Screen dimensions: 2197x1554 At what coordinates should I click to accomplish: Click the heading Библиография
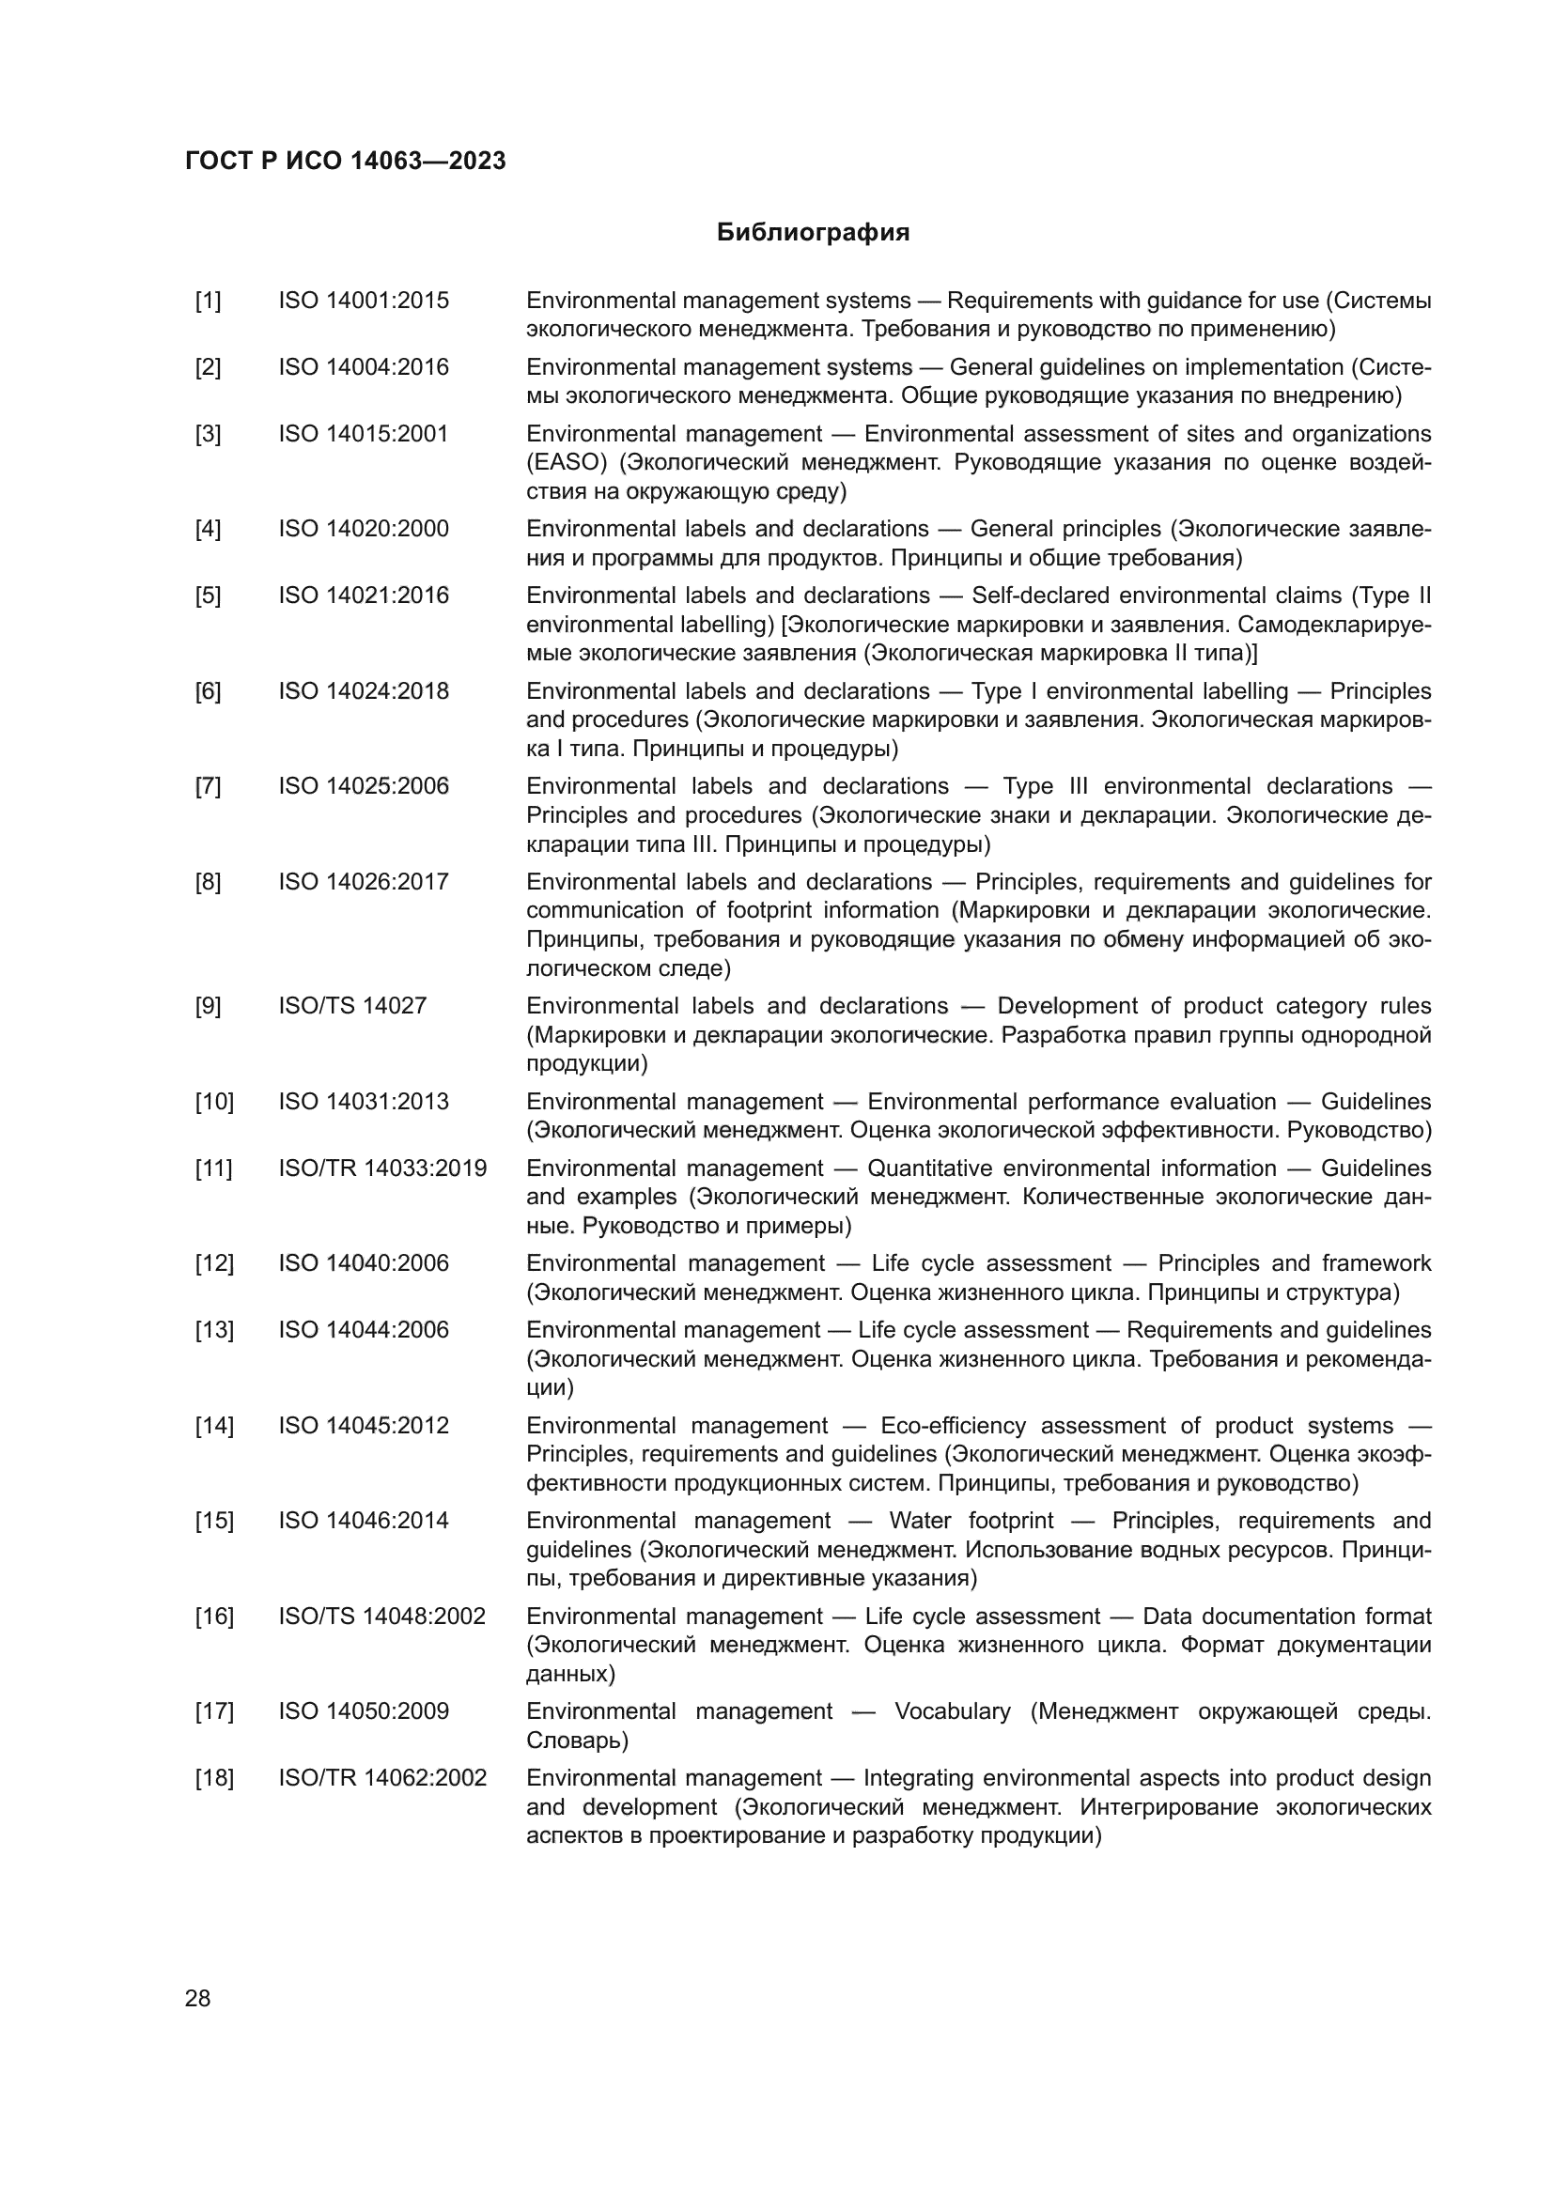tap(813, 233)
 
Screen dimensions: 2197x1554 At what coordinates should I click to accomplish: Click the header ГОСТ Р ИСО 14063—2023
tap(346, 161)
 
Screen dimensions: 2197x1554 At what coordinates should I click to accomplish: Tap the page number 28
tap(197, 1998)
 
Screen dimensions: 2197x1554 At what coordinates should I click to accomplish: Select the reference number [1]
tap(208, 301)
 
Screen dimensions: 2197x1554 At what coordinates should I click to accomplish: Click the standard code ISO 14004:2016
tap(364, 367)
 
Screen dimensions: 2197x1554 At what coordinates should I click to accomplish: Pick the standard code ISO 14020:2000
tap(364, 529)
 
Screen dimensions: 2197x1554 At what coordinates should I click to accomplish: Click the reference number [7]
tap(208, 786)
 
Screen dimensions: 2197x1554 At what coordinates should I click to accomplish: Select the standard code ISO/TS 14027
tap(352, 1006)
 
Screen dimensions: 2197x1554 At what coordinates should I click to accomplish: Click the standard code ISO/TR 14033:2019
tap(382, 1168)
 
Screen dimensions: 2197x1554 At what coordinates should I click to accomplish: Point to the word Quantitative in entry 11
tap(927, 1168)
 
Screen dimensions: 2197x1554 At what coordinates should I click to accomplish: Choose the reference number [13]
tap(214, 1330)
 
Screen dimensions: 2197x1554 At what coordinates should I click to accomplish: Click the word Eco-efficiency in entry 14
tap(952, 1426)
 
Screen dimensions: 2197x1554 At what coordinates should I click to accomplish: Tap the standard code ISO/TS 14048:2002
tap(381, 1617)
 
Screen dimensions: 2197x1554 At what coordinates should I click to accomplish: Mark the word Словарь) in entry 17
tap(577, 1741)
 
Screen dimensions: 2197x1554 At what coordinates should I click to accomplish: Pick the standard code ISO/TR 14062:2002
tap(382, 1778)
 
